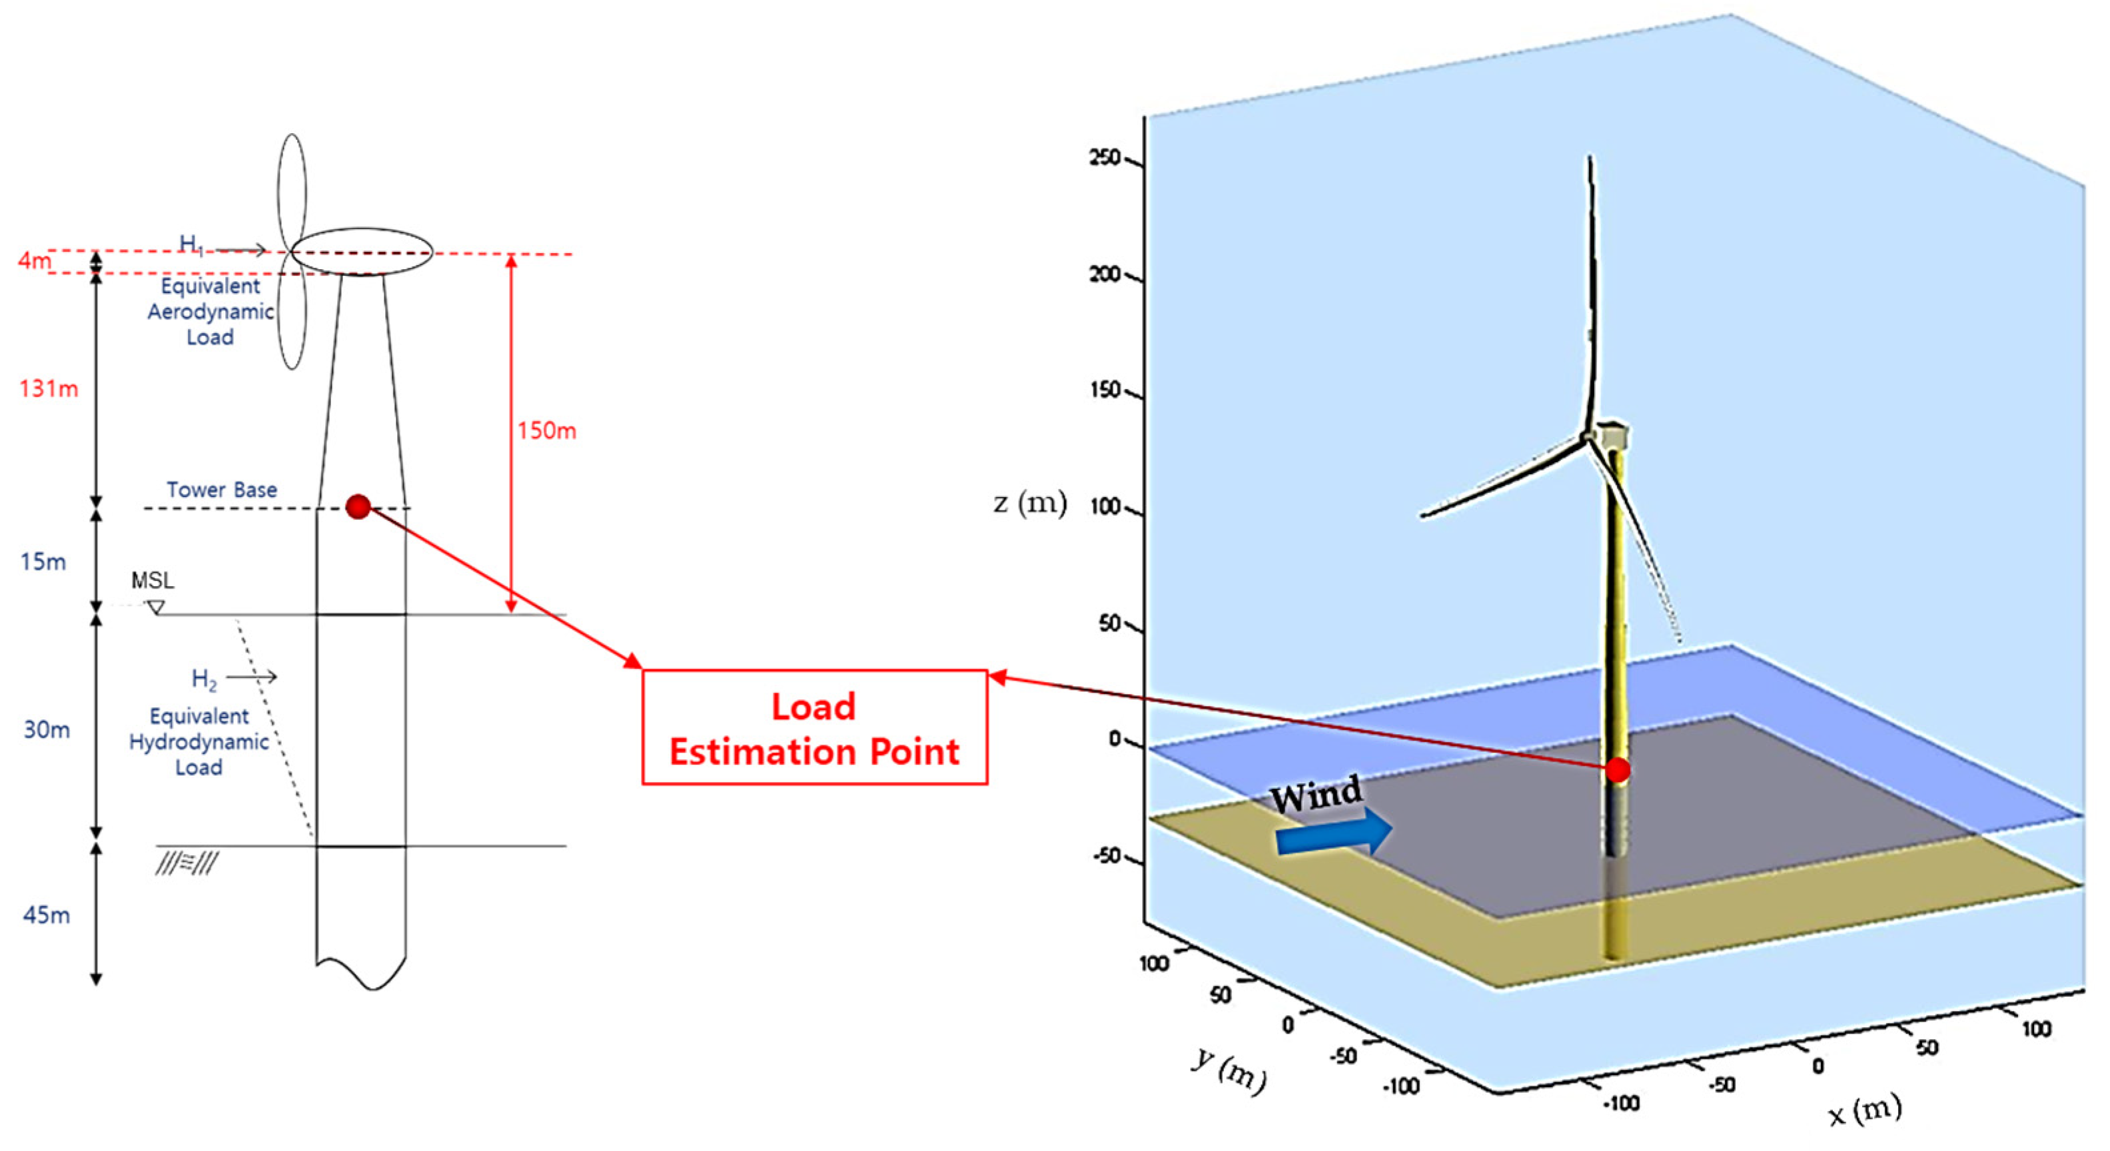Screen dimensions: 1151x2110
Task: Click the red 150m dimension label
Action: [x=546, y=430]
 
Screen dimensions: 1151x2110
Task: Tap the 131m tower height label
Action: [x=49, y=388]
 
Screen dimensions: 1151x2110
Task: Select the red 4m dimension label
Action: [x=33, y=260]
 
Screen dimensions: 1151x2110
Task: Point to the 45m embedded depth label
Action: [x=46, y=915]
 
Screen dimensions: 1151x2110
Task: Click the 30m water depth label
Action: [x=46, y=729]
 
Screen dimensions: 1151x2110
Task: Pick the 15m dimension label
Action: [x=43, y=562]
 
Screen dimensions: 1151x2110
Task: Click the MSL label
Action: [x=153, y=580]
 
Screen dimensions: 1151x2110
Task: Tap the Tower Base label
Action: [x=222, y=490]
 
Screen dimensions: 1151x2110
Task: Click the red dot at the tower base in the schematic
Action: [x=358, y=507]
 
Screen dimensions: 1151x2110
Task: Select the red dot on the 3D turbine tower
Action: [x=1618, y=769]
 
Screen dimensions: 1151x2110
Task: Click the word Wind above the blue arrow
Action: [x=1317, y=793]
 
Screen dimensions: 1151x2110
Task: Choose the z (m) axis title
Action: [x=1029, y=503]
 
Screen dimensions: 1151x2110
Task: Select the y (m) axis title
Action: [x=1229, y=1068]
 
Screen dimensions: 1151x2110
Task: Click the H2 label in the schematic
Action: [x=204, y=679]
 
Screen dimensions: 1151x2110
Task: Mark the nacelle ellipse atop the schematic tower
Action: [x=362, y=251]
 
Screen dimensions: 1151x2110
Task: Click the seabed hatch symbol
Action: [x=187, y=863]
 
